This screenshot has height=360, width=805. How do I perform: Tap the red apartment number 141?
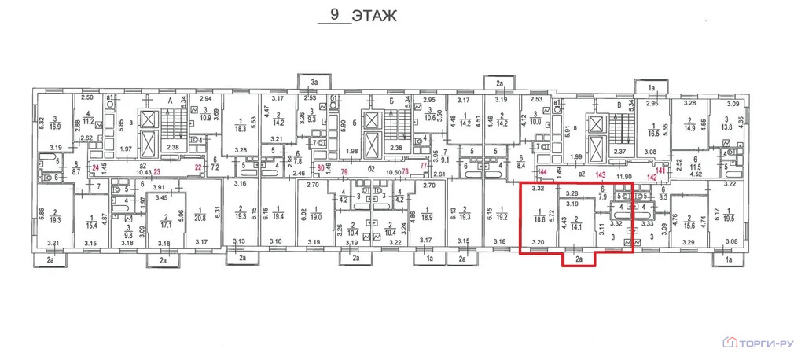coord(660,170)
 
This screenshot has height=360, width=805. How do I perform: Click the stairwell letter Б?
coord(391,101)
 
